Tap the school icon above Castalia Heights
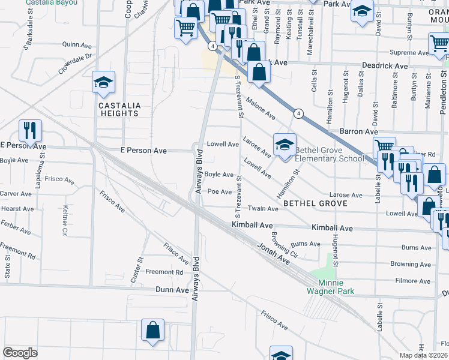point(104,83)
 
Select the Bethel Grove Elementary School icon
point(285,145)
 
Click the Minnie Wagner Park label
point(332,287)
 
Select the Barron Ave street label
point(358,131)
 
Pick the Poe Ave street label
point(220,192)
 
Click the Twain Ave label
point(264,209)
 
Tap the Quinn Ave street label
point(75,44)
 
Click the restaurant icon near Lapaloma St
point(29,130)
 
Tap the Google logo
point(20,353)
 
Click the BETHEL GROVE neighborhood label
point(315,204)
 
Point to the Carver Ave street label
point(16,194)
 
